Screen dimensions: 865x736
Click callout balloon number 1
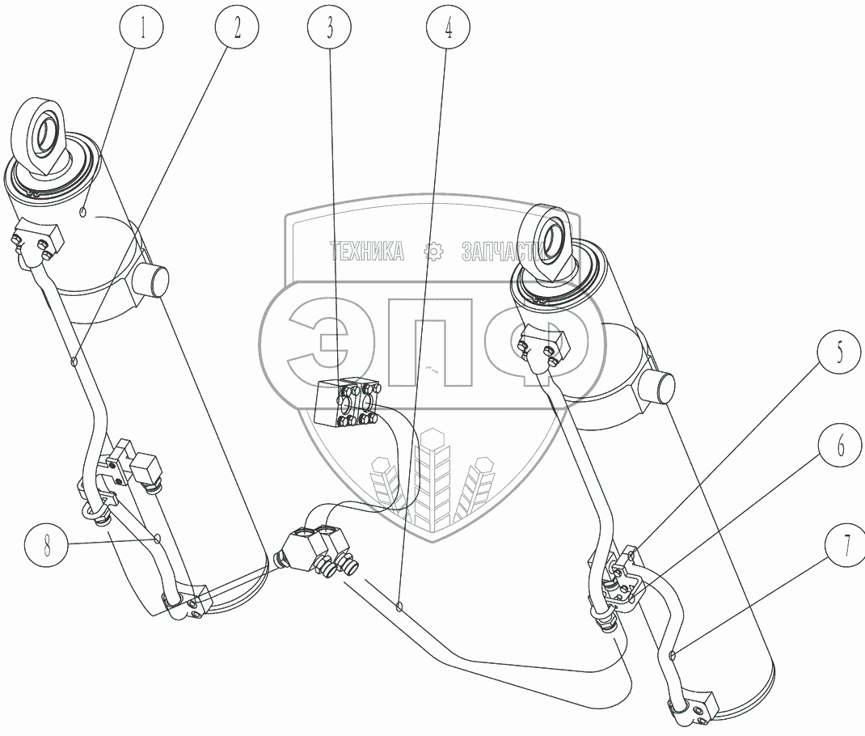[x=142, y=27]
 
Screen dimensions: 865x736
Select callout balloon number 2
[x=237, y=27]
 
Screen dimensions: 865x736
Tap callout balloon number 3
[x=329, y=27]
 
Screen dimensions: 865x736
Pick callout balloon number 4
[x=449, y=27]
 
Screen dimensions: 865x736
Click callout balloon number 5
[x=839, y=352]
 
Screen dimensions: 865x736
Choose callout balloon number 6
[x=840, y=446]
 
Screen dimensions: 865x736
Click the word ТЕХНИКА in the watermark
[x=367, y=252]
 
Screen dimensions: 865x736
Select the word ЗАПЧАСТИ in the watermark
[x=503, y=252]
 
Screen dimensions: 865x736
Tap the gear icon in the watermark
[x=433, y=252]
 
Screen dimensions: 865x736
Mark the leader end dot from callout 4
[x=399, y=607]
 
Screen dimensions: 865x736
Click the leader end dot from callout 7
[x=673, y=655]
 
